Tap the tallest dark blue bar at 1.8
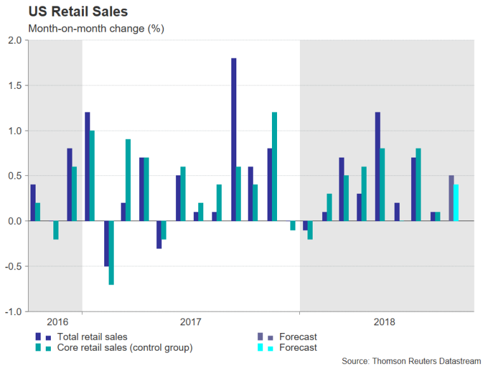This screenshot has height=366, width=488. click(x=234, y=140)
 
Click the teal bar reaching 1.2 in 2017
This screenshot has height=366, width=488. click(x=274, y=166)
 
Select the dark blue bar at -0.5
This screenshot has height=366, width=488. click(x=105, y=243)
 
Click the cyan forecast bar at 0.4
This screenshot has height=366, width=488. click(x=456, y=203)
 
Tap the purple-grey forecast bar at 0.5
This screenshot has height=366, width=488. click(x=451, y=198)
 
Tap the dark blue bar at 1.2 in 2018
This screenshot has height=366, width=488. click(x=377, y=166)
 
